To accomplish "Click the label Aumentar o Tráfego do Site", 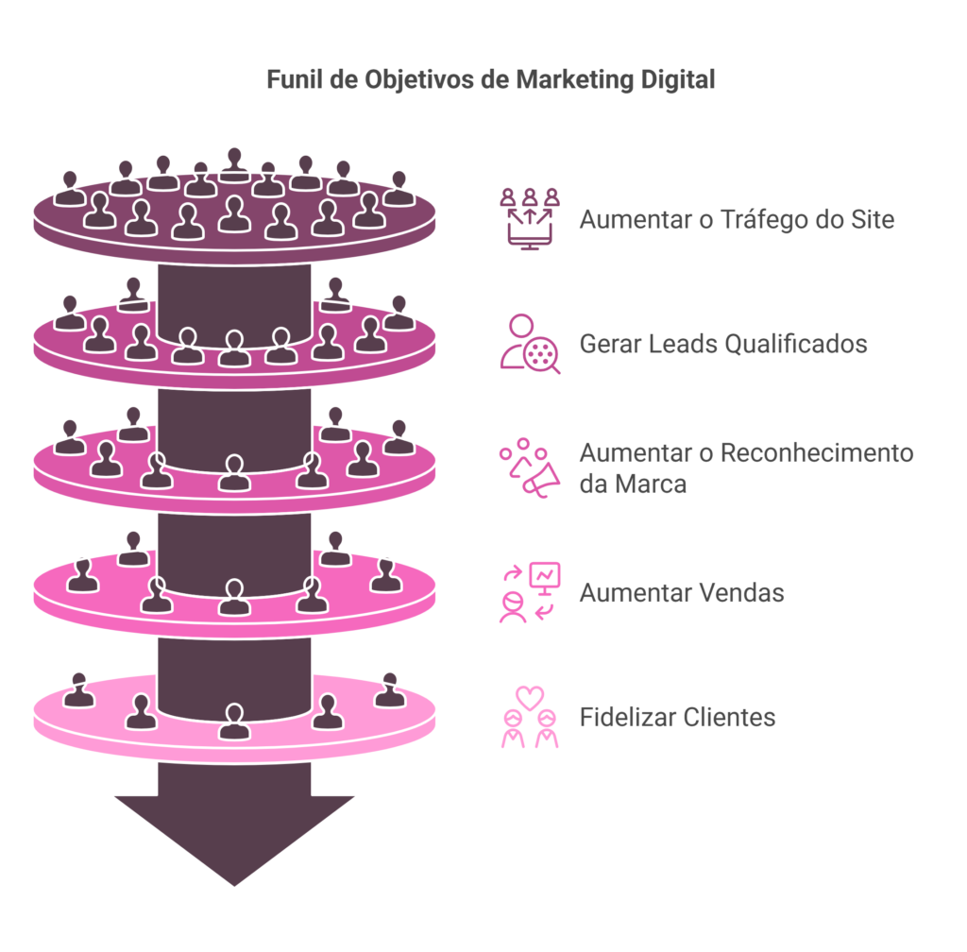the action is tap(737, 219).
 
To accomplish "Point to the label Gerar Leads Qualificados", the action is tap(723, 344).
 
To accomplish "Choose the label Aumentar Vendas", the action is tap(682, 592).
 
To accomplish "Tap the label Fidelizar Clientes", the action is tap(677, 717).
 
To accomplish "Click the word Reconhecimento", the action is tap(817, 452).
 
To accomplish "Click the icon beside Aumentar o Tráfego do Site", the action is tap(530, 219).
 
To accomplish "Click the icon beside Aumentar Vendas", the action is tap(530, 592).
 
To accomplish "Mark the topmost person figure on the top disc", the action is tap(234, 165).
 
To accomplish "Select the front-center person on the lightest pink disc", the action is tap(234, 721).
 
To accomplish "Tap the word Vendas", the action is tap(741, 592).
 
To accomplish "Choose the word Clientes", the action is tap(729, 717).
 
